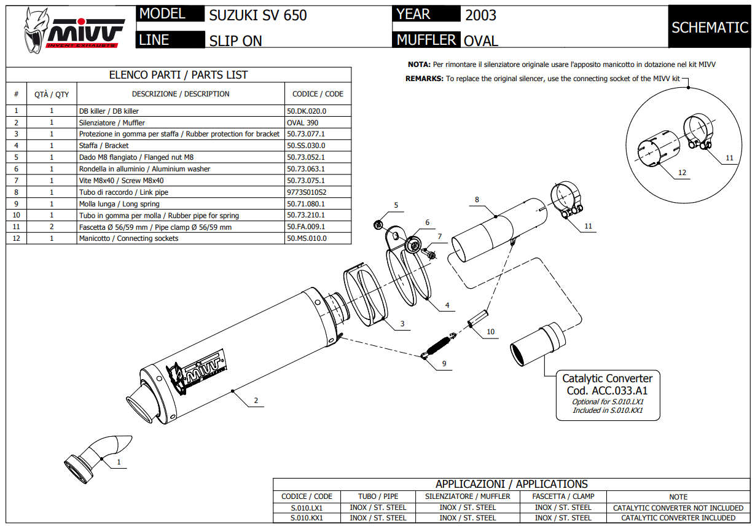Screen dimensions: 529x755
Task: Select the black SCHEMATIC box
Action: pos(710,27)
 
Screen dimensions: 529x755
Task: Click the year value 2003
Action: pos(480,15)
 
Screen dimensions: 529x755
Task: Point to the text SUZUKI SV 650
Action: pos(258,15)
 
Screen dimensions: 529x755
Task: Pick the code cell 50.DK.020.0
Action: pos(307,111)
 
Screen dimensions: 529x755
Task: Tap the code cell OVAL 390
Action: pos(302,123)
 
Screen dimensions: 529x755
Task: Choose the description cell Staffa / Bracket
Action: pos(104,146)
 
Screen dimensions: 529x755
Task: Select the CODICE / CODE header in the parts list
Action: pos(318,94)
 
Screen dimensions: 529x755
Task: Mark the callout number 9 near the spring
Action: pos(444,364)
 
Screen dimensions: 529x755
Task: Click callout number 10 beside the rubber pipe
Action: pos(490,332)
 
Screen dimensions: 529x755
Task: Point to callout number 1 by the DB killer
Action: pos(119,461)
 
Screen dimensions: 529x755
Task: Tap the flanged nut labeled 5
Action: pos(380,223)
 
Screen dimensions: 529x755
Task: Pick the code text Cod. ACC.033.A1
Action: pos(607,390)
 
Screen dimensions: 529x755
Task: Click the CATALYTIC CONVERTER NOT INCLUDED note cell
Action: pos(678,507)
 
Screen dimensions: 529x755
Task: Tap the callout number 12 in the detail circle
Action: pos(682,173)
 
